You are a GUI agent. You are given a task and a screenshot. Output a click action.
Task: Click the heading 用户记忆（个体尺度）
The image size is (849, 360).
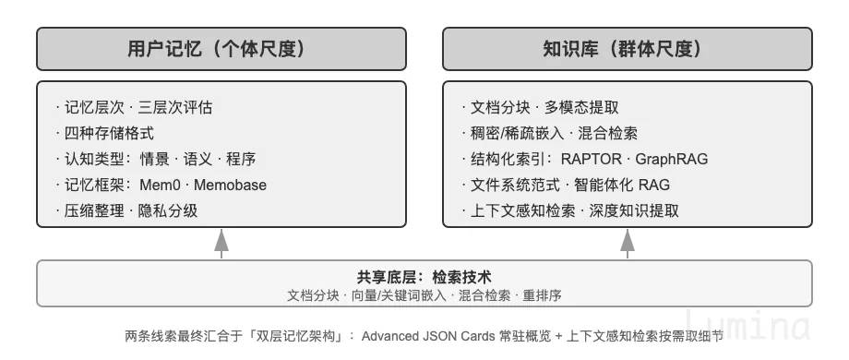tap(221, 49)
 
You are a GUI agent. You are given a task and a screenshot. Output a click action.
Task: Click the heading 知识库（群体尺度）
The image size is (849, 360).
tap(627, 49)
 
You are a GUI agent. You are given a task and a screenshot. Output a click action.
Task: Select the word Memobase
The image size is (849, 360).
tap(230, 186)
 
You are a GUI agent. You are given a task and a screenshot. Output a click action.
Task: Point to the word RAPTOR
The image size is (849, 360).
tap(592, 159)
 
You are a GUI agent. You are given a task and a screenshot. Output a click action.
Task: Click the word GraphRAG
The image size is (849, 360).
tap(672, 159)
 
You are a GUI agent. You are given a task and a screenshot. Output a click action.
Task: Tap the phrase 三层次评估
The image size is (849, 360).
tap(175, 107)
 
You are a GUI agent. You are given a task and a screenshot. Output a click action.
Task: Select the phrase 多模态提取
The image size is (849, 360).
tap(581, 107)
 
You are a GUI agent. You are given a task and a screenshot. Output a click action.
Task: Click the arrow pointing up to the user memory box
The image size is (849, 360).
tap(221, 244)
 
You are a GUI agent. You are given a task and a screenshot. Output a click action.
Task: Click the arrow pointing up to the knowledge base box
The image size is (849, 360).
tap(627, 244)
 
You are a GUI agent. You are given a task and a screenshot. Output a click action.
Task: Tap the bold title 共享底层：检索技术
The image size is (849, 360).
tap(424, 277)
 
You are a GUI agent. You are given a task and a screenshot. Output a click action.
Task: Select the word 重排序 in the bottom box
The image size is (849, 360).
tap(542, 295)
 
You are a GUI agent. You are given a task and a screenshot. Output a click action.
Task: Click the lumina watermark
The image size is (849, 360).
tap(747, 325)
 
